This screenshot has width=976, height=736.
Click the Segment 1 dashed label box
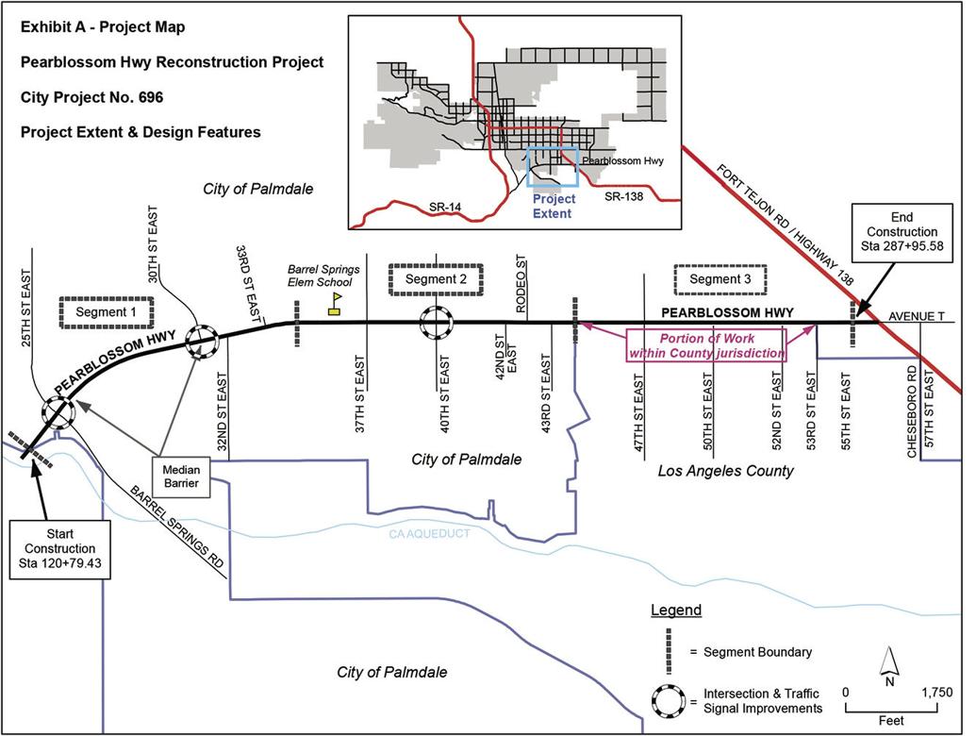106,312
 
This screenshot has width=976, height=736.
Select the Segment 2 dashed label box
436,279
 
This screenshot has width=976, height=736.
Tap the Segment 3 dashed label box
720,279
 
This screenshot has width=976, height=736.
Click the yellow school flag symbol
335,302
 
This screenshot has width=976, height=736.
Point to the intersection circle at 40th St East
437,323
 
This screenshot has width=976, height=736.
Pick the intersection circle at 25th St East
58,412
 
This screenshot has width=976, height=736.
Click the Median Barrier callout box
180,477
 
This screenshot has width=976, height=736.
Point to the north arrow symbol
888,665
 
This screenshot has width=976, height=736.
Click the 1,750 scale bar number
936,692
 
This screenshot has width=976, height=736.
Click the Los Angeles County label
725,470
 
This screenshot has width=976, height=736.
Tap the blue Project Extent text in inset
554,206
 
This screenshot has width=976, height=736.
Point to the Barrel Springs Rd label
179,527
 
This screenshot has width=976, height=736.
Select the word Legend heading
676,611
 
